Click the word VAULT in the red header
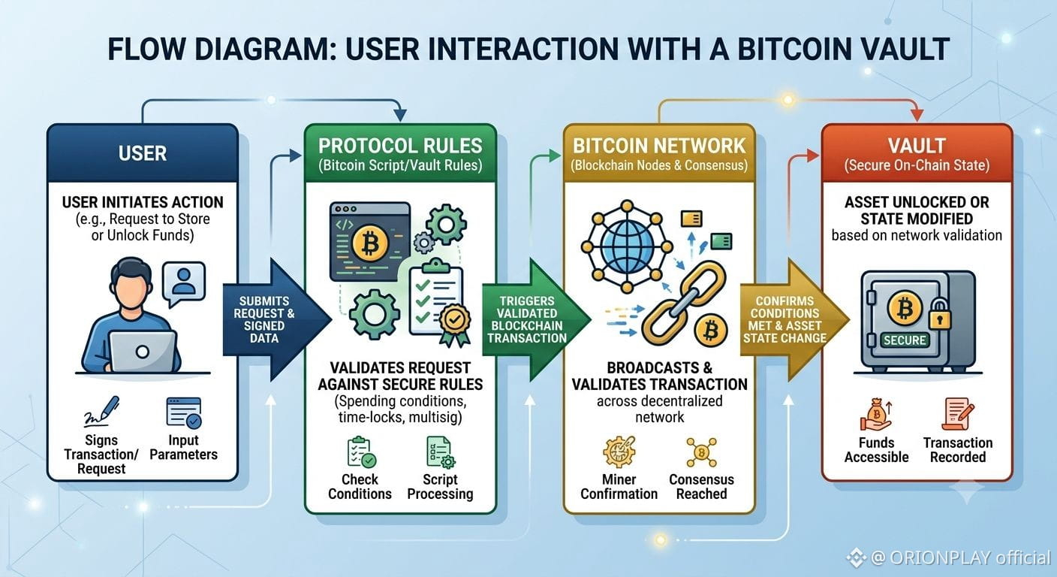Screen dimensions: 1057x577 [917, 146]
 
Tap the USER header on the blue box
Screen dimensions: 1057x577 [143, 153]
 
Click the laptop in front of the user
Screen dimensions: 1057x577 [143, 352]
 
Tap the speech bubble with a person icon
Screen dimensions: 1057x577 [184, 284]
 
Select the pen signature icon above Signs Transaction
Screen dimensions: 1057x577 [101, 412]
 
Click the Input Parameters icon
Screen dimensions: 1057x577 [184, 412]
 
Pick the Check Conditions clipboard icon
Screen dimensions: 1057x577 [361, 452]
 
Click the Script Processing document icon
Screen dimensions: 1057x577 [441, 452]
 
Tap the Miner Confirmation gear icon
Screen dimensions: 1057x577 [619, 452]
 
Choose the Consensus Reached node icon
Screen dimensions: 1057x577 [702, 452]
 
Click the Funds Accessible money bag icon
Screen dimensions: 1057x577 [877, 415]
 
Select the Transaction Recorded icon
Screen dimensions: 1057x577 [958, 414]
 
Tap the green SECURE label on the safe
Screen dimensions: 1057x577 [905, 340]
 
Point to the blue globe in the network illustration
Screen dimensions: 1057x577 [627, 246]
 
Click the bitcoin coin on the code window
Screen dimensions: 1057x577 [370, 243]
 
